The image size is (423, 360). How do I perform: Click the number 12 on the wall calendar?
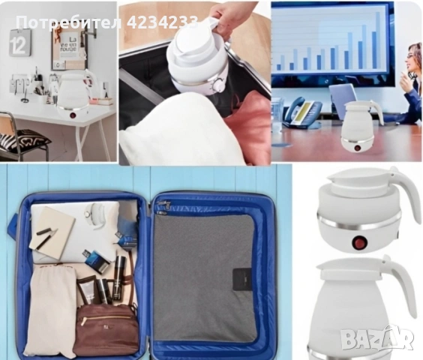[x=18, y=45]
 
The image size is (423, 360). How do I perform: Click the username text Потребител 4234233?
[x=107, y=22]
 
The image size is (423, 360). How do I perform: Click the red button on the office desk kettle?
[x=358, y=148]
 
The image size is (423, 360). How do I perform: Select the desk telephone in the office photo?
[x=302, y=112]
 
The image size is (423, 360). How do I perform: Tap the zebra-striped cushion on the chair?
[x=24, y=139]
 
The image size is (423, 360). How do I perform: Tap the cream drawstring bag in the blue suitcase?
[x=52, y=310]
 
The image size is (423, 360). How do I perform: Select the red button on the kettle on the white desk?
[x=73, y=115]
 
